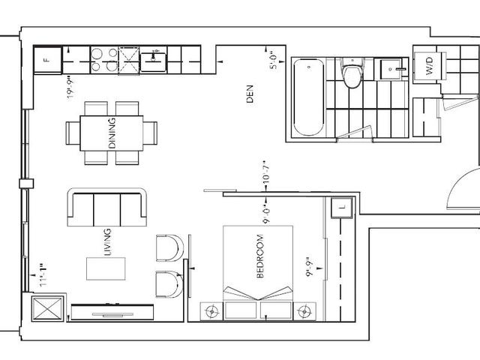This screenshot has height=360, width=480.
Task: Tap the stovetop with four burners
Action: pyautogui.click(x=104, y=59)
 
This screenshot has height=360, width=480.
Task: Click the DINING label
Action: pyautogui.click(x=112, y=134)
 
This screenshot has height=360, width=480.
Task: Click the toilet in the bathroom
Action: pyautogui.click(x=350, y=76)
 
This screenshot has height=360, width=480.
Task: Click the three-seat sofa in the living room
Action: pyautogui.click(x=105, y=207)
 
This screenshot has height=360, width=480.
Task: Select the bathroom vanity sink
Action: pyautogui.click(x=390, y=69)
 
